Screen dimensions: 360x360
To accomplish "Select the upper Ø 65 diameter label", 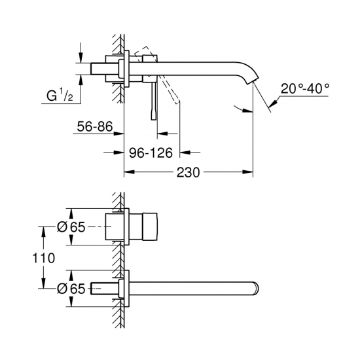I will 69,226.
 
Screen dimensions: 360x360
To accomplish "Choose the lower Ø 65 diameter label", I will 69,289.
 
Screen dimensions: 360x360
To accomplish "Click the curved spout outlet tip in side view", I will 252,81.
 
